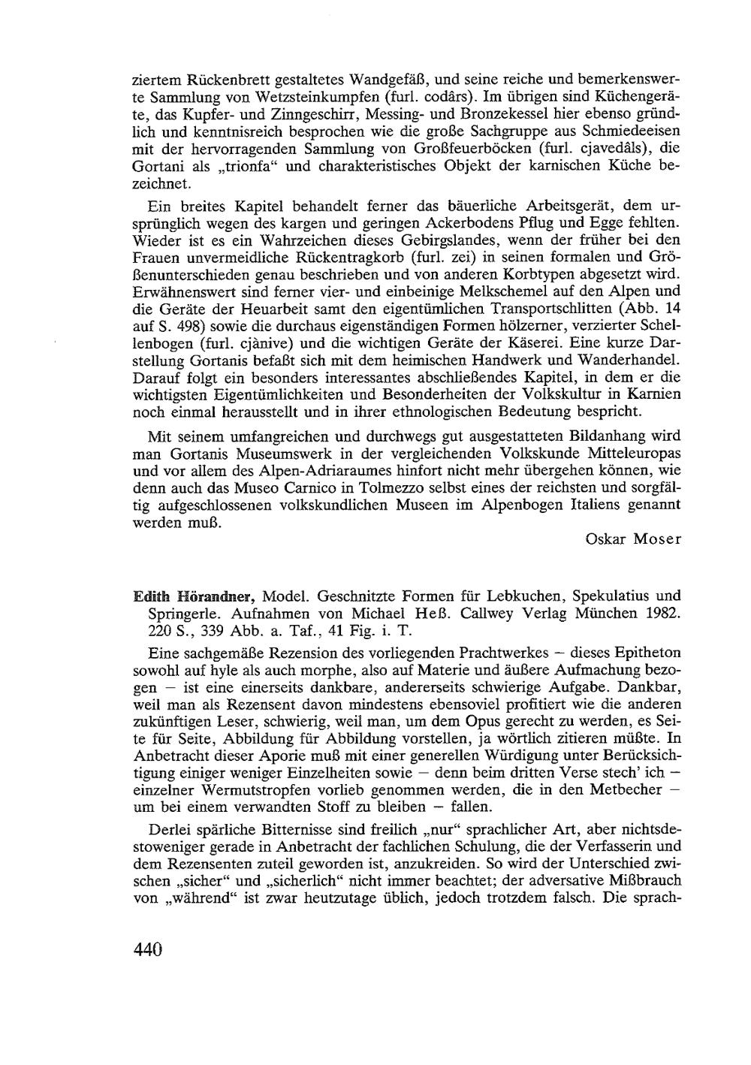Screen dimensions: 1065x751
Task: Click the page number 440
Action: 147,949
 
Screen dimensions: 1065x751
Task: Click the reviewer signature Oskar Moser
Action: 634,539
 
